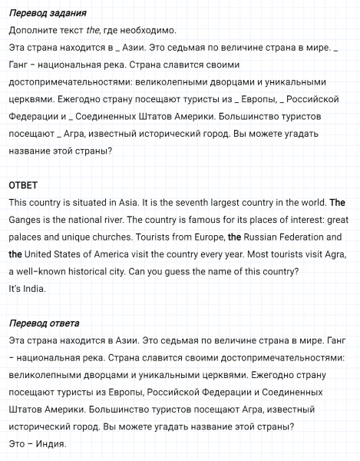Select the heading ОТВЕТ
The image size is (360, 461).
point(23,186)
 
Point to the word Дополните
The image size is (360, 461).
point(33,31)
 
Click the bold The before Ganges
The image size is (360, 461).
point(337,204)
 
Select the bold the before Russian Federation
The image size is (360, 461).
point(234,237)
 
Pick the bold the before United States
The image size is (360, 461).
point(15,254)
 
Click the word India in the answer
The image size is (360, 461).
point(33,288)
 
